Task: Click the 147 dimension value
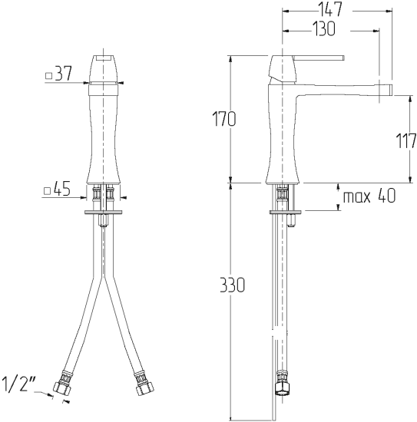[330, 9]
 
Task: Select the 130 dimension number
[324, 29]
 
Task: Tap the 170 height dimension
[224, 119]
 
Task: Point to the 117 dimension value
[406, 140]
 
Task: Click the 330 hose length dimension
[233, 285]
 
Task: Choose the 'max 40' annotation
[369, 196]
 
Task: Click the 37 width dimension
[63, 74]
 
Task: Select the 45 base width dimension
[61, 189]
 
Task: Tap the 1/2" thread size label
[19, 384]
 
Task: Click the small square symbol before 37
[48, 76]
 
